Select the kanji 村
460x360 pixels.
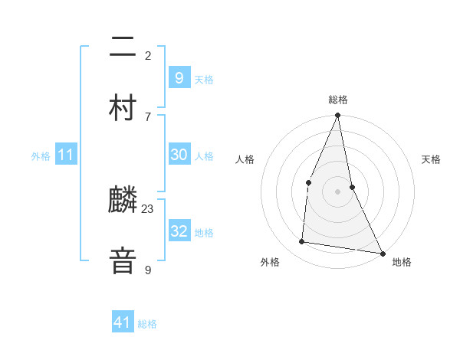pyautogui.click(x=123, y=107)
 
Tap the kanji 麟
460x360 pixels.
pyautogui.click(x=123, y=200)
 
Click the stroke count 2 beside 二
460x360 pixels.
pyautogui.click(x=148, y=56)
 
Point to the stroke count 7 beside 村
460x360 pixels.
pyautogui.click(x=148, y=116)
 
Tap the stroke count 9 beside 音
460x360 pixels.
pyautogui.click(x=148, y=270)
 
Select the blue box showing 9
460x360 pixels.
pyautogui.click(x=179, y=77)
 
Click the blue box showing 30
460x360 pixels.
pyautogui.click(x=179, y=155)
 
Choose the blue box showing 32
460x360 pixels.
pyautogui.click(x=179, y=231)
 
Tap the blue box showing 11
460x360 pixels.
pyautogui.click(x=66, y=155)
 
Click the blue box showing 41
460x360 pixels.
pyautogui.click(x=123, y=323)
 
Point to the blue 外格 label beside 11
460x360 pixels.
pyautogui.click(x=41, y=156)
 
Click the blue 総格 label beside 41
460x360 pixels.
pyautogui.click(x=147, y=325)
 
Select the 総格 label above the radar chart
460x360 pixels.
pyautogui.click(x=337, y=100)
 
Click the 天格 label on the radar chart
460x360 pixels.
pyautogui.click(x=431, y=159)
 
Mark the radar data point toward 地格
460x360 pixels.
pyautogui.click(x=382, y=253)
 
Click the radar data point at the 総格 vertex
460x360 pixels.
pyautogui.click(x=337, y=116)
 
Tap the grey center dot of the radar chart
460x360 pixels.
pyautogui.click(x=337, y=191)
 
